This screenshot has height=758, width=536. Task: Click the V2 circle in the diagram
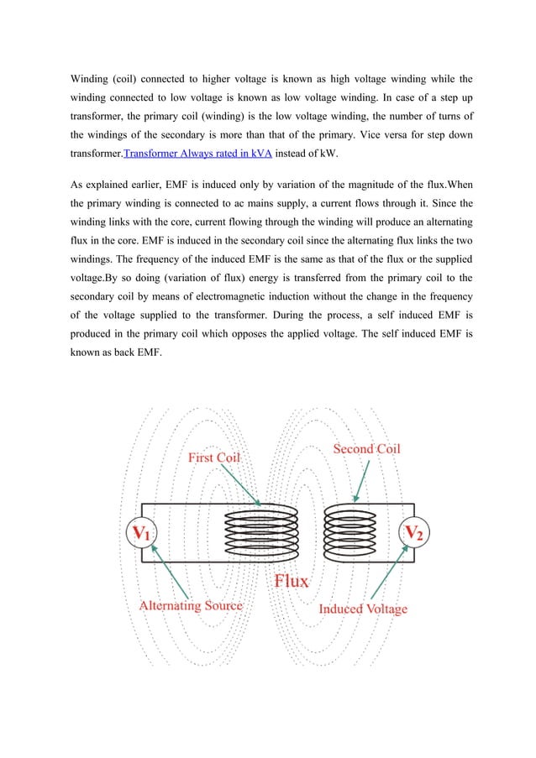(x=414, y=532)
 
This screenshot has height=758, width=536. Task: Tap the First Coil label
(x=213, y=457)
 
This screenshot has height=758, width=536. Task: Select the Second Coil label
(x=367, y=449)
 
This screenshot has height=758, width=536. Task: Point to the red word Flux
(x=291, y=581)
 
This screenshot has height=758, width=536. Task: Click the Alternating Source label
(x=191, y=605)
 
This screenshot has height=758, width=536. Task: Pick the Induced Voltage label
(x=363, y=609)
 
